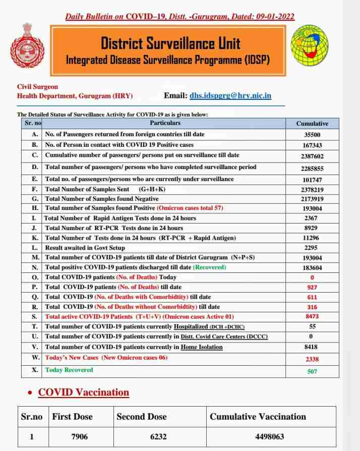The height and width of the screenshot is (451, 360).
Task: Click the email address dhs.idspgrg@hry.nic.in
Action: coord(230,95)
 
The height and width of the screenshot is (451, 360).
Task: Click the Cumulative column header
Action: coord(312,123)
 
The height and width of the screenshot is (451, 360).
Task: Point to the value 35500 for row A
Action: coord(312,135)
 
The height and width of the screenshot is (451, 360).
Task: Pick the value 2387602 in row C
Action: coord(312,156)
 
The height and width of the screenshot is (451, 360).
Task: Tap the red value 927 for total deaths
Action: coord(312,287)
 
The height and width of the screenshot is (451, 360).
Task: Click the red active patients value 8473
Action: coord(312,316)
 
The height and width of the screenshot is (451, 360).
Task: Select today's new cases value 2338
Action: coord(312,359)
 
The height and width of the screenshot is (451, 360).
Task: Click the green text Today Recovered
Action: coord(69,370)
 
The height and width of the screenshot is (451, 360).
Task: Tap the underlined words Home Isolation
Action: coord(202,347)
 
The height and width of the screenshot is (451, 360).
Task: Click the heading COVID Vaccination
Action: coord(84,392)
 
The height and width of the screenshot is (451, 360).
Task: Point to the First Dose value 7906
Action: coord(80,437)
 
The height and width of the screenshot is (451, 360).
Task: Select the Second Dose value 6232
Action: coord(159,437)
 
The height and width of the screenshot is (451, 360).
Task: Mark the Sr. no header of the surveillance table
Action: coord(33,123)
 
